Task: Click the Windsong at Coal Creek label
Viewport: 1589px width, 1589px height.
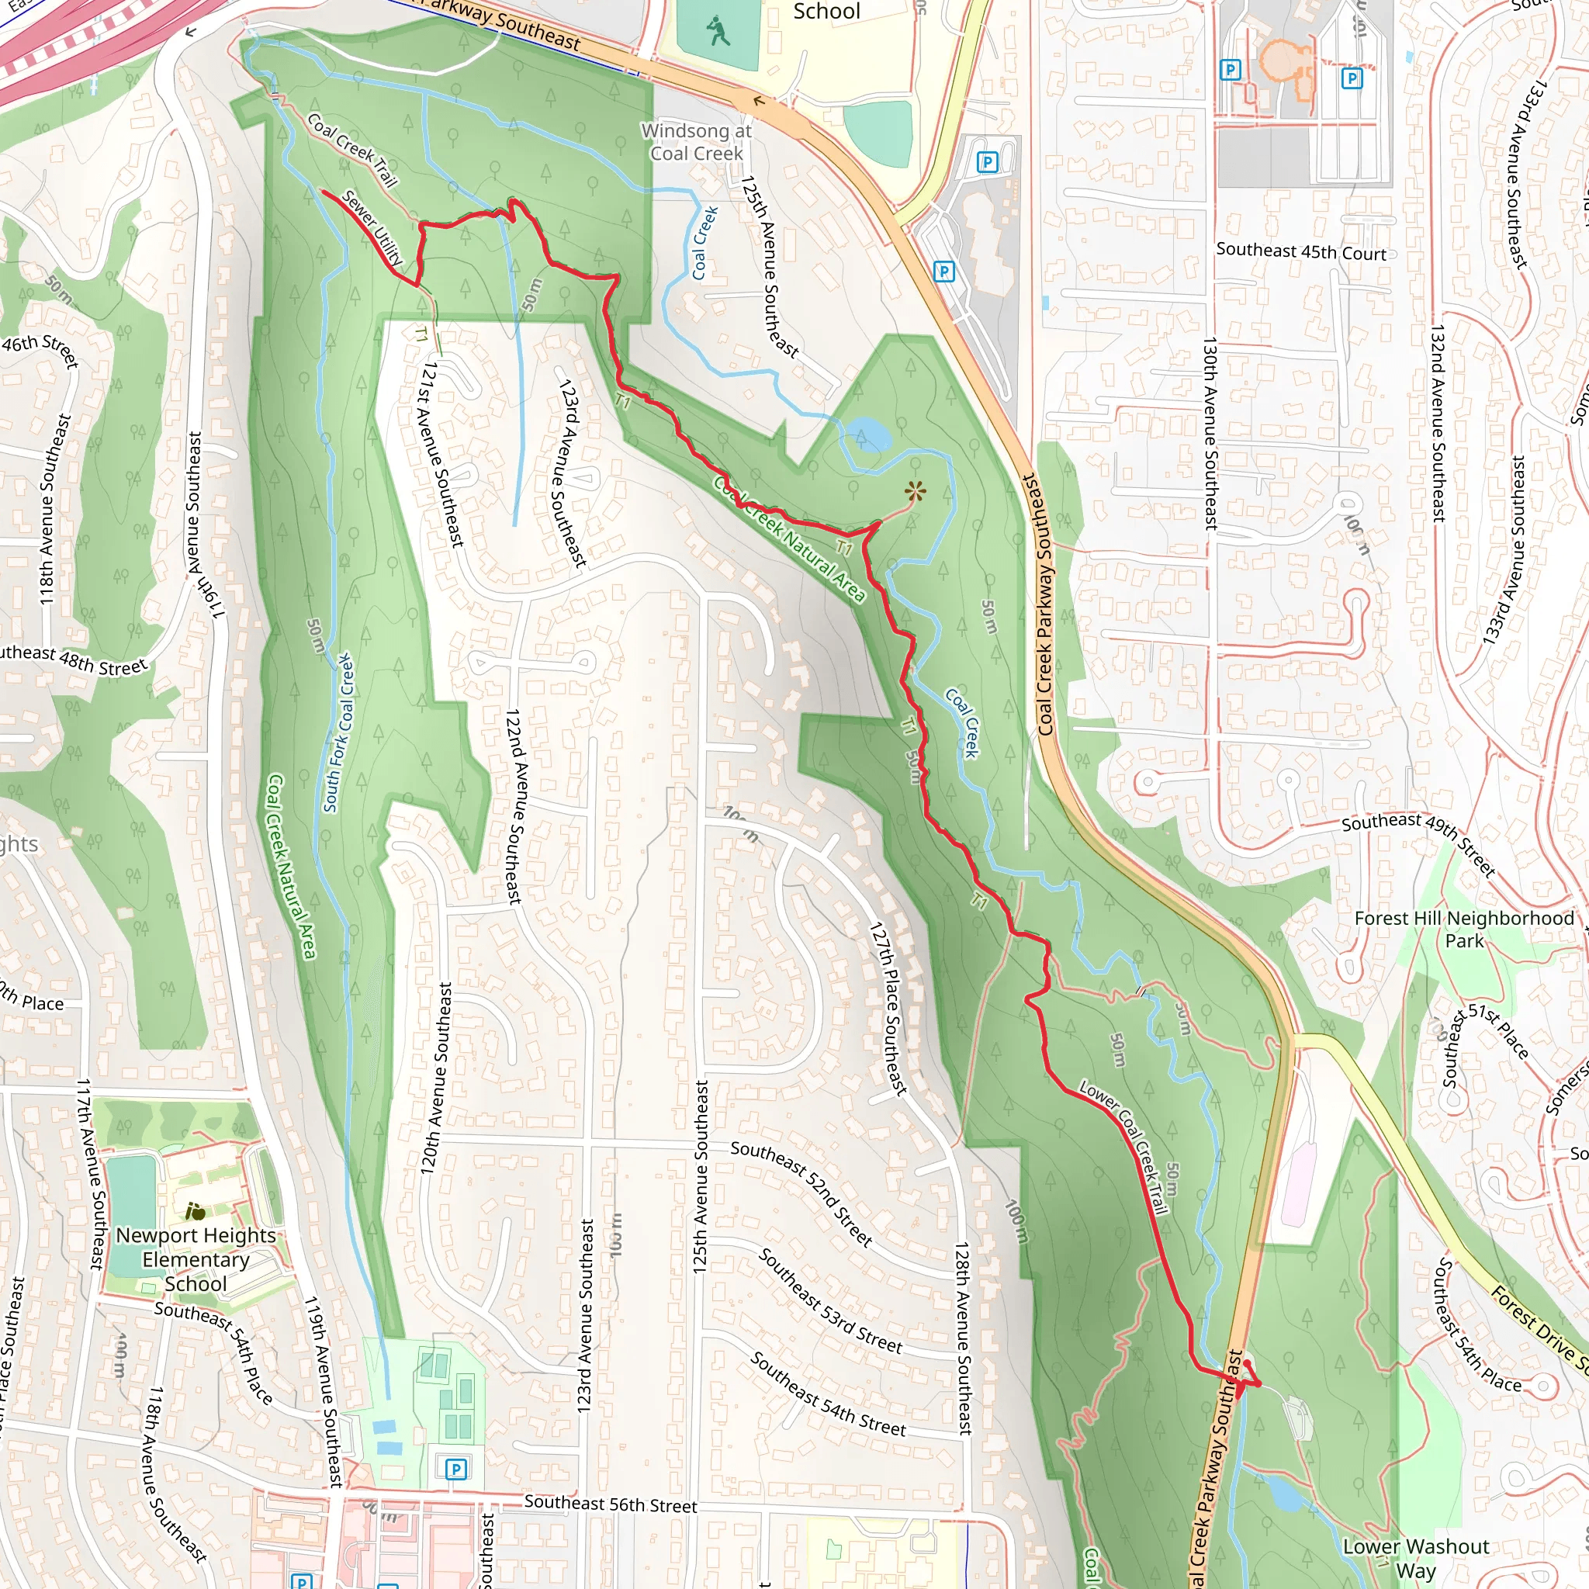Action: tap(696, 142)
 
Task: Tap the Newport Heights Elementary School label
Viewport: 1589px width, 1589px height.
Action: tap(196, 1259)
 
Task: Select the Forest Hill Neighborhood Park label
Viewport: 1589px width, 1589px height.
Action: tap(1464, 930)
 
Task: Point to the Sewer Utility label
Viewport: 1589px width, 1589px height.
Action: tap(372, 228)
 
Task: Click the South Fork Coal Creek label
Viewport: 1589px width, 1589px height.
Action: tap(339, 732)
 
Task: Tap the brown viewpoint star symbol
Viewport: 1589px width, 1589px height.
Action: tap(915, 493)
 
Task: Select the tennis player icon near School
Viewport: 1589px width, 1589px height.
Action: tap(718, 33)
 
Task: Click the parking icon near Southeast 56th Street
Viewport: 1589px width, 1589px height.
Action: tap(456, 1469)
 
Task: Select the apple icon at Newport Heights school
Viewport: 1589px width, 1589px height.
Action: tap(196, 1211)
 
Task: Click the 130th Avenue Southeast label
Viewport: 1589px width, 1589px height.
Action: tap(1210, 432)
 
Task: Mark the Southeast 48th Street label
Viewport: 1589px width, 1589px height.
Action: tap(72, 659)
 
